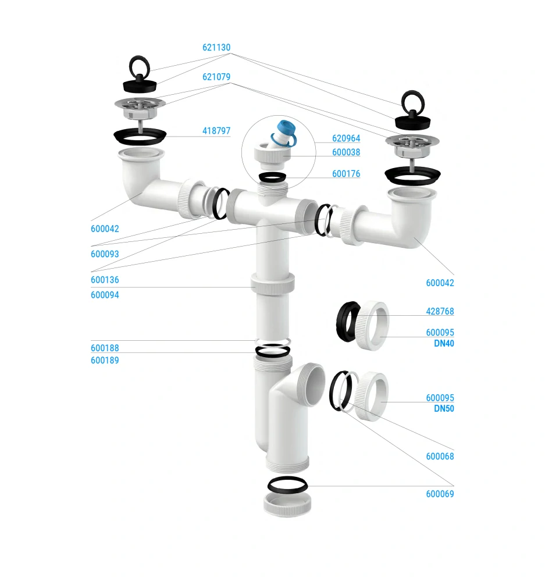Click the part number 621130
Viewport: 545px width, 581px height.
216,48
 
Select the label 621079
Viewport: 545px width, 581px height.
216,77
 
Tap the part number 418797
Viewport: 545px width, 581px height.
216,131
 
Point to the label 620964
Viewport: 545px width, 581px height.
346,138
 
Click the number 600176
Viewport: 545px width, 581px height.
346,174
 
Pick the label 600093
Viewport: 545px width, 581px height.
105,254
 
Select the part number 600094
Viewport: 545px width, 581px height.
105,295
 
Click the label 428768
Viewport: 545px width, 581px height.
440,312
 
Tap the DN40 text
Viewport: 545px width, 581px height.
444,344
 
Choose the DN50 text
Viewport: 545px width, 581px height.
444,409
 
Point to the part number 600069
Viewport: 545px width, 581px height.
440,494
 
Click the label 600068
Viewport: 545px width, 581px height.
440,457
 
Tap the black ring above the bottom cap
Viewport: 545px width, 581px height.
287,484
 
